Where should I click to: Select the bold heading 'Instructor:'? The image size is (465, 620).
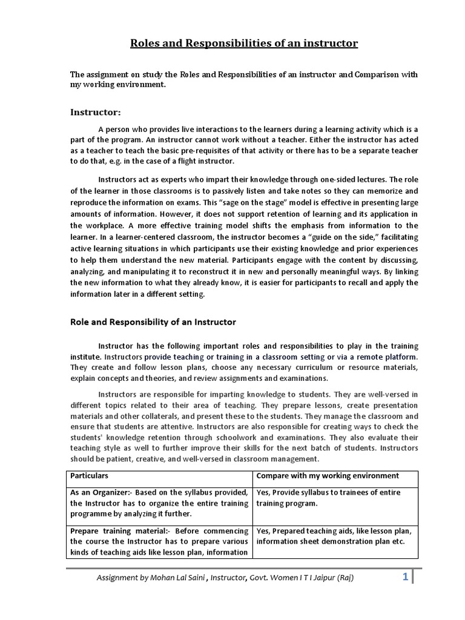pyautogui.click(x=96, y=112)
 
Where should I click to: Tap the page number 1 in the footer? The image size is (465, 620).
pyautogui.click(x=405, y=577)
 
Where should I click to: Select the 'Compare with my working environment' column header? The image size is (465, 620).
pyautogui.click(x=328, y=475)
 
